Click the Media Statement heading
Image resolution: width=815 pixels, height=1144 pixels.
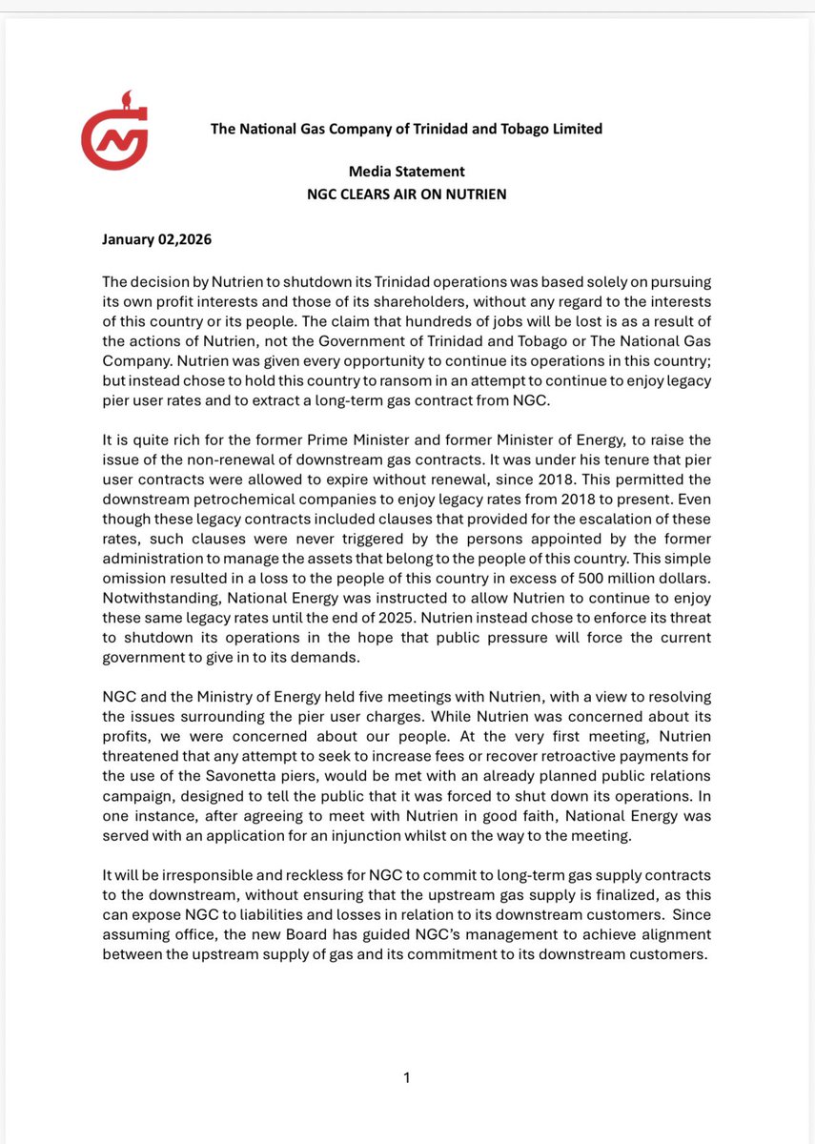tap(406, 172)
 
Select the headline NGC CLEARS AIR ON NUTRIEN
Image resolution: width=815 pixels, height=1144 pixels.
tap(406, 194)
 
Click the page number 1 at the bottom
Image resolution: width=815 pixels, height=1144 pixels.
tap(407, 1078)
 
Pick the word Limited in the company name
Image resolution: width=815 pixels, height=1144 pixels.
tap(575, 129)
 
